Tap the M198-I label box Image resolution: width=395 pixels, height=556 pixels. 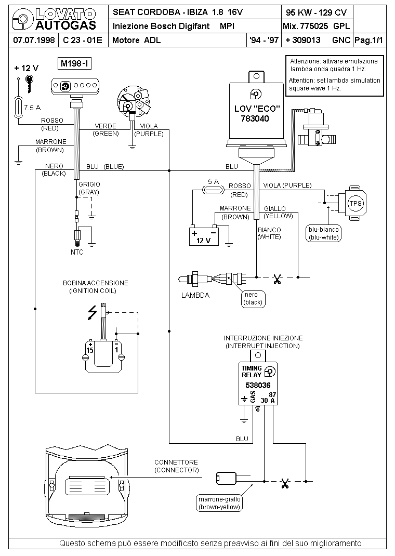point(74,64)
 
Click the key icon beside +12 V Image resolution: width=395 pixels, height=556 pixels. point(30,83)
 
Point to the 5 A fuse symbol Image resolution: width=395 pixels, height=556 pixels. point(213,190)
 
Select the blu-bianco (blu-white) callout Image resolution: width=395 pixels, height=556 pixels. point(323,234)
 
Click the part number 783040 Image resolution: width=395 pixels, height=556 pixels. point(255,119)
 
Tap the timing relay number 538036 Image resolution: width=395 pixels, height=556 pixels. point(258,386)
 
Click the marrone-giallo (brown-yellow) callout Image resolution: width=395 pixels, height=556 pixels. point(219,503)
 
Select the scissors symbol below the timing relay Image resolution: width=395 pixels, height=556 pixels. point(284,484)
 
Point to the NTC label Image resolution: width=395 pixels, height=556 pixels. point(77,253)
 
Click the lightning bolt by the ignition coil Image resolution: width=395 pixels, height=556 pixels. point(93,313)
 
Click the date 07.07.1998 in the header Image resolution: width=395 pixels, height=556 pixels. point(34,40)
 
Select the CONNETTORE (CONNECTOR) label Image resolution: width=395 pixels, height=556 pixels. point(176,466)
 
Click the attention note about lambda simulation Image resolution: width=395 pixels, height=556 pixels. point(334,75)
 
